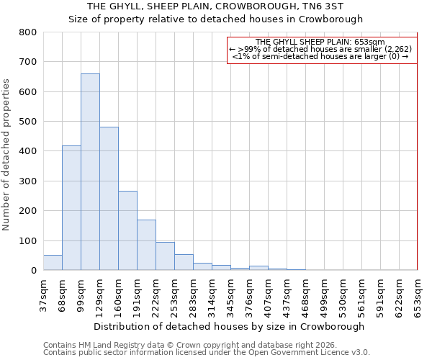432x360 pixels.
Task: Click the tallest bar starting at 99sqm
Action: click(x=90, y=172)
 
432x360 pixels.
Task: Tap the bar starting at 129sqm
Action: click(x=109, y=199)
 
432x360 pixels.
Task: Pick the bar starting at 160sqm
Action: click(x=127, y=230)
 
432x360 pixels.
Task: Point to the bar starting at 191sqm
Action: click(x=146, y=245)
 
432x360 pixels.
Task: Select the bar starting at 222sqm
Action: click(x=165, y=256)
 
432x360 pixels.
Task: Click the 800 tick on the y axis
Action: click(x=28, y=32)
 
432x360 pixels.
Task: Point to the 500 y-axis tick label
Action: click(x=28, y=122)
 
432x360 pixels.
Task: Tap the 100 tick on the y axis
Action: click(x=28, y=240)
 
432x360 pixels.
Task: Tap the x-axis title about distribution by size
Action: click(x=229, y=326)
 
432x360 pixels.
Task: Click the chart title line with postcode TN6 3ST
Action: click(x=216, y=6)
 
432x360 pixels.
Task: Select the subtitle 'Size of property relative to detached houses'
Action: click(x=216, y=19)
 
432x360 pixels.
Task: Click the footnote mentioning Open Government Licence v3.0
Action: click(x=207, y=353)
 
